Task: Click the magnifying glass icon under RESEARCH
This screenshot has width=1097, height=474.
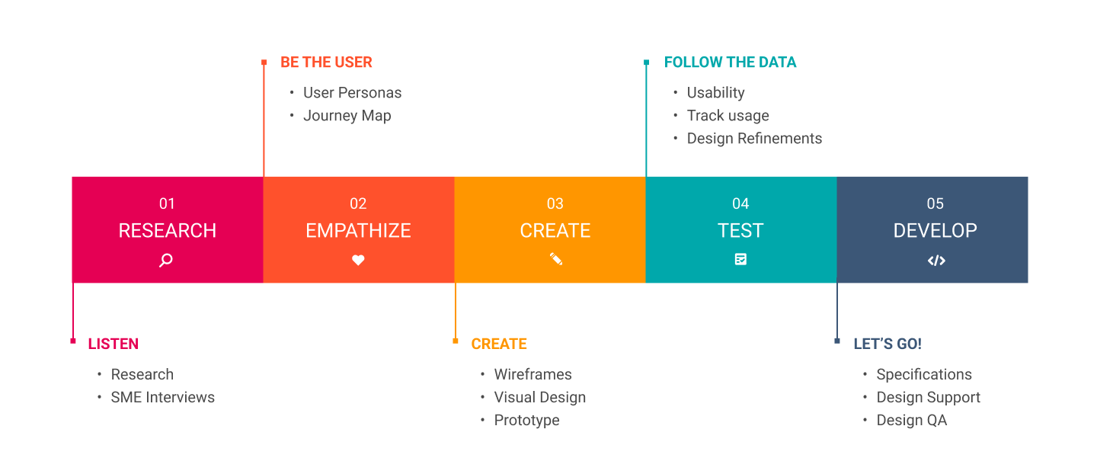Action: (166, 260)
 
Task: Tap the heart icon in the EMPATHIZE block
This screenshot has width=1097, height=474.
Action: (358, 260)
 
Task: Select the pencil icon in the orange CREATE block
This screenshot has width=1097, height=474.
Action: (555, 259)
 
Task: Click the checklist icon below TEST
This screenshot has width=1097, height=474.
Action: (740, 259)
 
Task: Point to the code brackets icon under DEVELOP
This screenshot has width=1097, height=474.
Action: (936, 261)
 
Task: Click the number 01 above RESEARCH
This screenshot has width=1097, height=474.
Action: (167, 203)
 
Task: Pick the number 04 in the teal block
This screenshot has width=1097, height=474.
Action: (740, 203)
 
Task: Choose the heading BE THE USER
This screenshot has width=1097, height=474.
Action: (326, 62)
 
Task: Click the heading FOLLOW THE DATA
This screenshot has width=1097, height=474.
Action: (730, 62)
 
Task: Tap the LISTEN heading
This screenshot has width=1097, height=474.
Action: (114, 344)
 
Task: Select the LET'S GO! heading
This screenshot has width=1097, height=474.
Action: (888, 344)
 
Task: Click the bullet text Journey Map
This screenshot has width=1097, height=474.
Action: (347, 116)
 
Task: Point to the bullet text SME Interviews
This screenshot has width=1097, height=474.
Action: (163, 397)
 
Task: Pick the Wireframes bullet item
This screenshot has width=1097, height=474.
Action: (533, 374)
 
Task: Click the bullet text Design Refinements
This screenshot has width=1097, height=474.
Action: (754, 139)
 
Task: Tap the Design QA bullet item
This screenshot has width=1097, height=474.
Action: (911, 420)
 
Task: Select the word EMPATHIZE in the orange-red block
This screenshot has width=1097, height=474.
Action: (358, 231)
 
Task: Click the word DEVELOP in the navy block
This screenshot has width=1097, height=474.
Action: (935, 231)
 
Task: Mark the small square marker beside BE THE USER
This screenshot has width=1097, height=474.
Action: (264, 62)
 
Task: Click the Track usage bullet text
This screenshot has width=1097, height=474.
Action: (728, 116)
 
